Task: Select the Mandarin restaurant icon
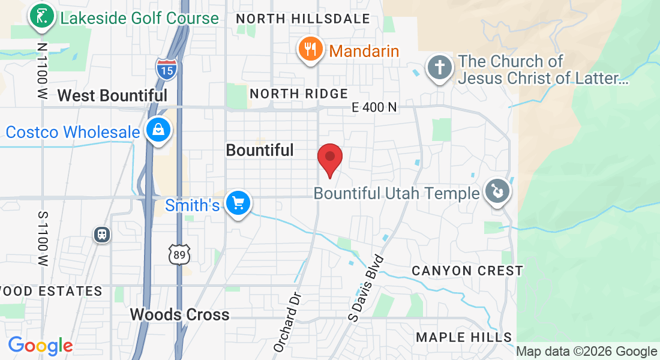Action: click(310, 50)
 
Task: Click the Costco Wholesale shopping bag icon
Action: click(158, 130)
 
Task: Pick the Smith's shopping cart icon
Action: click(238, 203)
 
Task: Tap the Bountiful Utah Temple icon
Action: click(497, 192)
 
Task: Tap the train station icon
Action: click(102, 234)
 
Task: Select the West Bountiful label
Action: click(112, 95)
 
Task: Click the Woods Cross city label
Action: click(179, 314)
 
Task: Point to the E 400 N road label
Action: click(374, 107)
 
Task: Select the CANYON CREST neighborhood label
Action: click(467, 271)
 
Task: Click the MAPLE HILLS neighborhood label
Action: click(464, 337)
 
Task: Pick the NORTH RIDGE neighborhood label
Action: click(299, 94)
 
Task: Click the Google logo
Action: click(40, 346)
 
